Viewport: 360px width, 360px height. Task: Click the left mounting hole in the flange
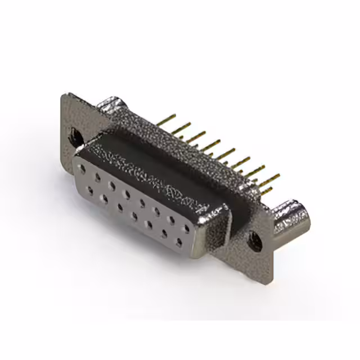click(x=74, y=135)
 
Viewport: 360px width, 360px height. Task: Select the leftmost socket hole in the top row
click(x=83, y=168)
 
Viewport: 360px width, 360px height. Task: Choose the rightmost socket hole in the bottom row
click(x=179, y=242)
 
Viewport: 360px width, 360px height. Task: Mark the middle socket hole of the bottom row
click(x=135, y=216)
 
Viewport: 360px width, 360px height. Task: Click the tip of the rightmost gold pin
click(x=279, y=176)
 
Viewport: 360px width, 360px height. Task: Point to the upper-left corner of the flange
click(x=64, y=97)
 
